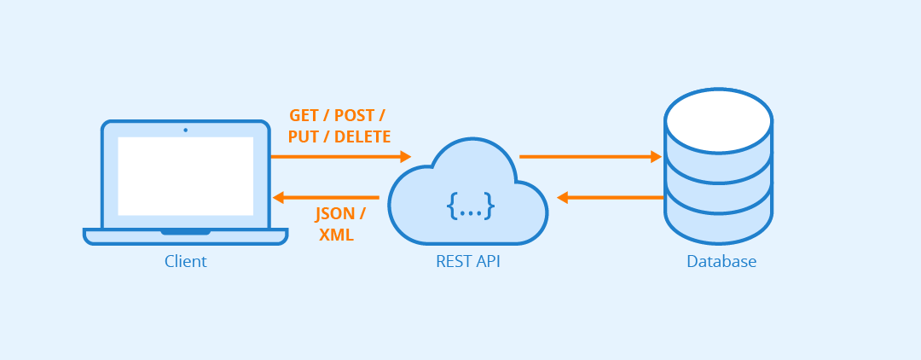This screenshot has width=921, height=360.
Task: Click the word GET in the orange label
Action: pos(305,115)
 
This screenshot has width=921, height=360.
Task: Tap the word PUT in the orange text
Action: pos(303,136)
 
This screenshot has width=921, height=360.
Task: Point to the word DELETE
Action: pos(362,136)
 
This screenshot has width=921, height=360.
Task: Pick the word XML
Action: pos(336,235)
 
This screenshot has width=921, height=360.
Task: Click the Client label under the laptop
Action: pos(186,261)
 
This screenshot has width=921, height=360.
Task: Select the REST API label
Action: pos(467,261)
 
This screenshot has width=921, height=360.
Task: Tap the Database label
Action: pos(721,261)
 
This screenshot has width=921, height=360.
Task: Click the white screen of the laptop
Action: pos(185,176)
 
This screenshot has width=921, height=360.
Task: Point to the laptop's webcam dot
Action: pos(185,130)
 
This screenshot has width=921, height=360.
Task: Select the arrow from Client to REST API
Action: pos(340,157)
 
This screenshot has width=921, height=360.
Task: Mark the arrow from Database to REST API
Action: pos(611,198)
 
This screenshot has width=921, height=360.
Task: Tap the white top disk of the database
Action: pos(718,120)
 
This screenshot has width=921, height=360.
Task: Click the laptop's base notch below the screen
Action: pos(185,231)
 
